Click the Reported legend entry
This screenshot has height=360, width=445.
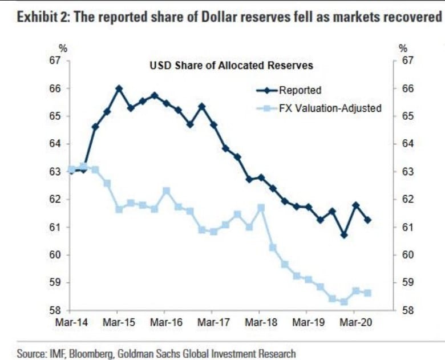[300, 90]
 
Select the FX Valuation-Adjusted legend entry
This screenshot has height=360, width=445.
[330, 108]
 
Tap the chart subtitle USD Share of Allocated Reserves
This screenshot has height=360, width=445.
[231, 66]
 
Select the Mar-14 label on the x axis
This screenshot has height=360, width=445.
[70, 322]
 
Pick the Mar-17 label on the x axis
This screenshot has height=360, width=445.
[212, 322]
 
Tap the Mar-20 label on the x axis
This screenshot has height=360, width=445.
[353, 322]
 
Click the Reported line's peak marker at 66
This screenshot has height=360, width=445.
[119, 88]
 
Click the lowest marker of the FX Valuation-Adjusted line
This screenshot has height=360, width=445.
[343, 302]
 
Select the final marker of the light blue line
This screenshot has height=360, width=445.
[367, 293]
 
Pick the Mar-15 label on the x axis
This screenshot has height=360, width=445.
[118, 322]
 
